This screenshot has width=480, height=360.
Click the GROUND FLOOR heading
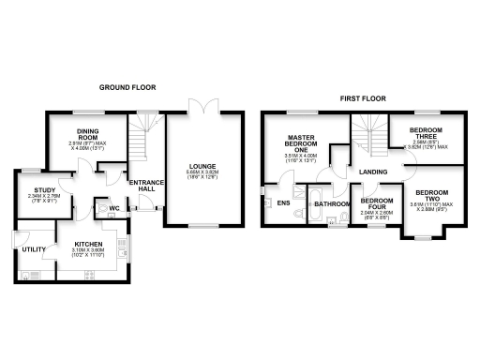click(127, 87)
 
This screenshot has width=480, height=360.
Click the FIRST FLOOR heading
click(361, 97)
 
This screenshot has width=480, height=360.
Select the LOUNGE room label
click(203, 167)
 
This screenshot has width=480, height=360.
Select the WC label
click(113, 208)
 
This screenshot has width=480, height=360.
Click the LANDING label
click(373, 172)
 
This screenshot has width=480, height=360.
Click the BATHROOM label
click(332, 203)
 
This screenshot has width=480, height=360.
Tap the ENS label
click(282, 202)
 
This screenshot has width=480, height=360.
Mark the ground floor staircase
click(141, 137)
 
